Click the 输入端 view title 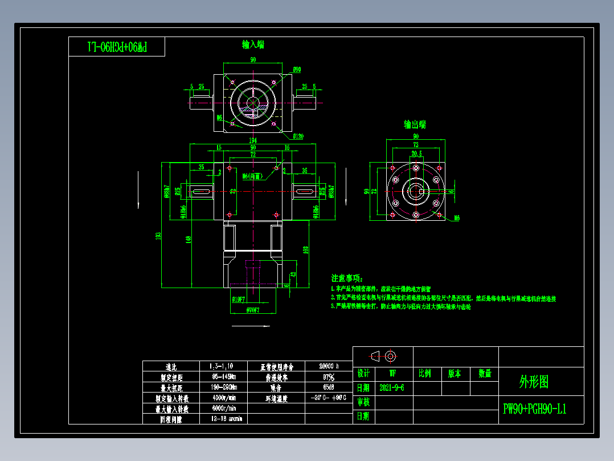pyautogui.click(x=253, y=45)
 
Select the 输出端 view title pyautogui.click(x=415, y=124)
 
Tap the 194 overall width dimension pyautogui.click(x=253, y=140)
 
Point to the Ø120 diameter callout pyautogui.click(x=298, y=136)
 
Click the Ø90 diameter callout pyautogui.click(x=297, y=69)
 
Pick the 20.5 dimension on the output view pyautogui.click(x=416, y=153)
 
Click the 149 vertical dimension pyautogui.click(x=188, y=240)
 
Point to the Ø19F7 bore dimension pyautogui.click(x=239, y=298)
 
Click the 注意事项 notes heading pyautogui.click(x=347, y=278)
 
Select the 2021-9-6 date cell pyautogui.click(x=392, y=388)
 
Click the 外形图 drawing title pyautogui.click(x=534, y=381)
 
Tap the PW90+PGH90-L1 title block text pyautogui.click(x=534, y=409)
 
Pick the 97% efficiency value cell pyautogui.click(x=329, y=377)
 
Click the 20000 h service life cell pyautogui.click(x=329, y=367)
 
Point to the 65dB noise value pyautogui.click(x=329, y=387)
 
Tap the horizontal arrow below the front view pyautogui.click(x=251, y=326)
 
